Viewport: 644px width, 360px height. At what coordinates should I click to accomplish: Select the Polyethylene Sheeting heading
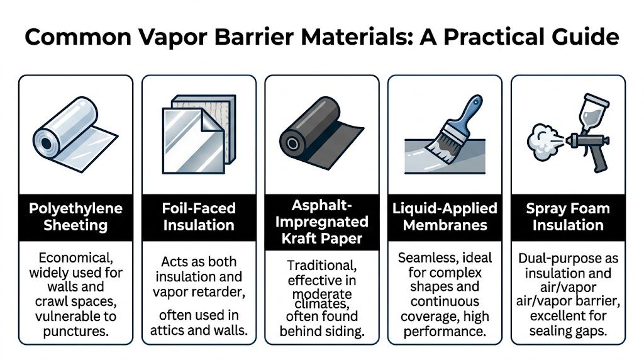click(75, 217)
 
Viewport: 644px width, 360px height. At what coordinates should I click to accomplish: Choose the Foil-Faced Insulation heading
click(199, 217)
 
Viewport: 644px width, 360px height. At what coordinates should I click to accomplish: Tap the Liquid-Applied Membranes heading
click(445, 217)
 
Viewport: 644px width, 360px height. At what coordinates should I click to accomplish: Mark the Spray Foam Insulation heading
click(568, 217)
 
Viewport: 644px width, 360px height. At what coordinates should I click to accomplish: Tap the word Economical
click(75, 258)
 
